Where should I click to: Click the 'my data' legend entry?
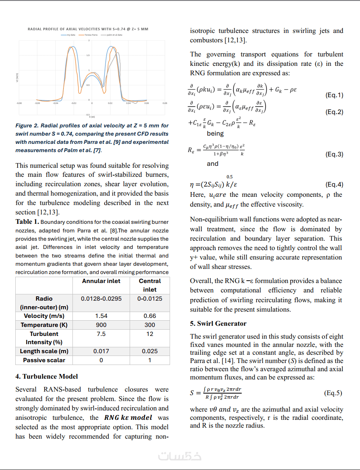[71, 35]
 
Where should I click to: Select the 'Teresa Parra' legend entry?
[91, 35]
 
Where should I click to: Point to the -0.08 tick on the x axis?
[19, 103]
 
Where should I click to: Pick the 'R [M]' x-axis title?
[92, 116]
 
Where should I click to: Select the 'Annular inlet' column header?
[101, 281]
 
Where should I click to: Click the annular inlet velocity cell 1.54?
[101, 316]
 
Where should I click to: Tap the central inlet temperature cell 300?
[150, 325]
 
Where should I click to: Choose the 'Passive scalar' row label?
[44, 360]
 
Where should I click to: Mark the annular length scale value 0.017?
[101, 351]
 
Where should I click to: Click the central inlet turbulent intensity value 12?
[150, 334]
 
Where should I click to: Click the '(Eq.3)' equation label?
[334, 154]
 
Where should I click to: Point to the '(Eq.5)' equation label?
[333, 393]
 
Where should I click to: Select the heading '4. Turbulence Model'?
[47, 377]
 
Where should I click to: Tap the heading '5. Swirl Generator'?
[218, 324]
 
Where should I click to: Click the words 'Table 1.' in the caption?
[27, 222]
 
